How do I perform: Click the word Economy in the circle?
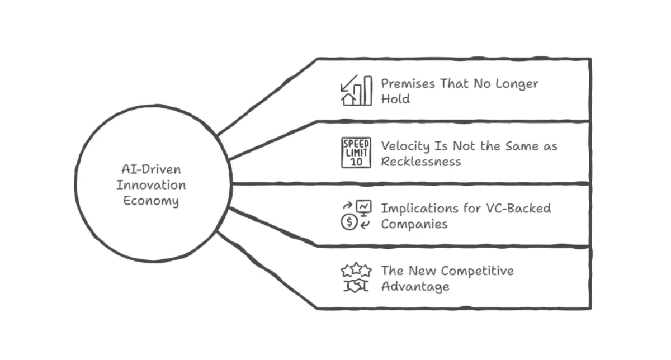click(151, 201)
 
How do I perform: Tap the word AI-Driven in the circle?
click(152, 169)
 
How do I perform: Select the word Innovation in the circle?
click(151, 185)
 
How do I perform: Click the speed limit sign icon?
click(356, 153)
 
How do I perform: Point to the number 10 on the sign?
click(356, 162)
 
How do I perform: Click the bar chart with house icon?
click(357, 90)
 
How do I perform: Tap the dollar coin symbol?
click(349, 222)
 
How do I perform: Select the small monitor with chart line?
click(364, 208)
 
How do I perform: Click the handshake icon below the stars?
click(356, 286)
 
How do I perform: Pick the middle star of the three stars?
click(357, 268)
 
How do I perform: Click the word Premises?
click(408, 83)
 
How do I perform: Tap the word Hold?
click(395, 99)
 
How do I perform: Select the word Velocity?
click(405, 146)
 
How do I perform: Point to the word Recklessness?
click(421, 162)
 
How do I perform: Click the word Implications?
click(420, 209)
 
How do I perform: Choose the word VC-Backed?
click(518, 209)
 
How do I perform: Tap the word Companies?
click(414, 224)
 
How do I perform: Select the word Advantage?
click(415, 287)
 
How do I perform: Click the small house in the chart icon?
click(349, 100)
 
